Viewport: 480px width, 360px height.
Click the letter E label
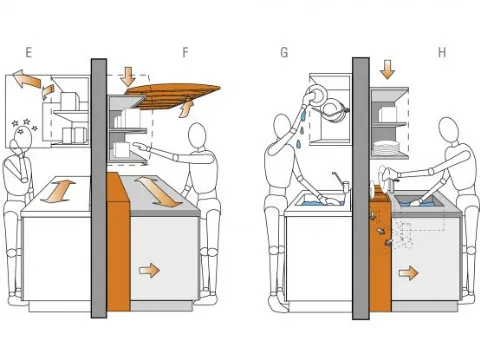[29, 53]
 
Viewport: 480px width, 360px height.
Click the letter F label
[185, 52]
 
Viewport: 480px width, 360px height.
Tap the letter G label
[284, 53]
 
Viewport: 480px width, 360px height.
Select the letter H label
[442, 53]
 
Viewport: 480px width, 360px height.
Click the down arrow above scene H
[387, 69]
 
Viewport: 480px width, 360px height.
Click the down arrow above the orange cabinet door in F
[128, 76]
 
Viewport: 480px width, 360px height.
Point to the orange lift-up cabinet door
[173, 96]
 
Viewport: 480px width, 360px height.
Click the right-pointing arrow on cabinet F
[150, 270]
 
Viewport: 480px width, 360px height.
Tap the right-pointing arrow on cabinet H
[408, 273]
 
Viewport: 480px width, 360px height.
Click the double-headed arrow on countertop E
[58, 191]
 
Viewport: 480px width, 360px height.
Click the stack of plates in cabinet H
[386, 148]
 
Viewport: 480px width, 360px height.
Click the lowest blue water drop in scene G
[299, 144]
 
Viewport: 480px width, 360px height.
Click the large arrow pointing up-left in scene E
[27, 79]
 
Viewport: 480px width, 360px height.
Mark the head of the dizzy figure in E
[23, 140]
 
